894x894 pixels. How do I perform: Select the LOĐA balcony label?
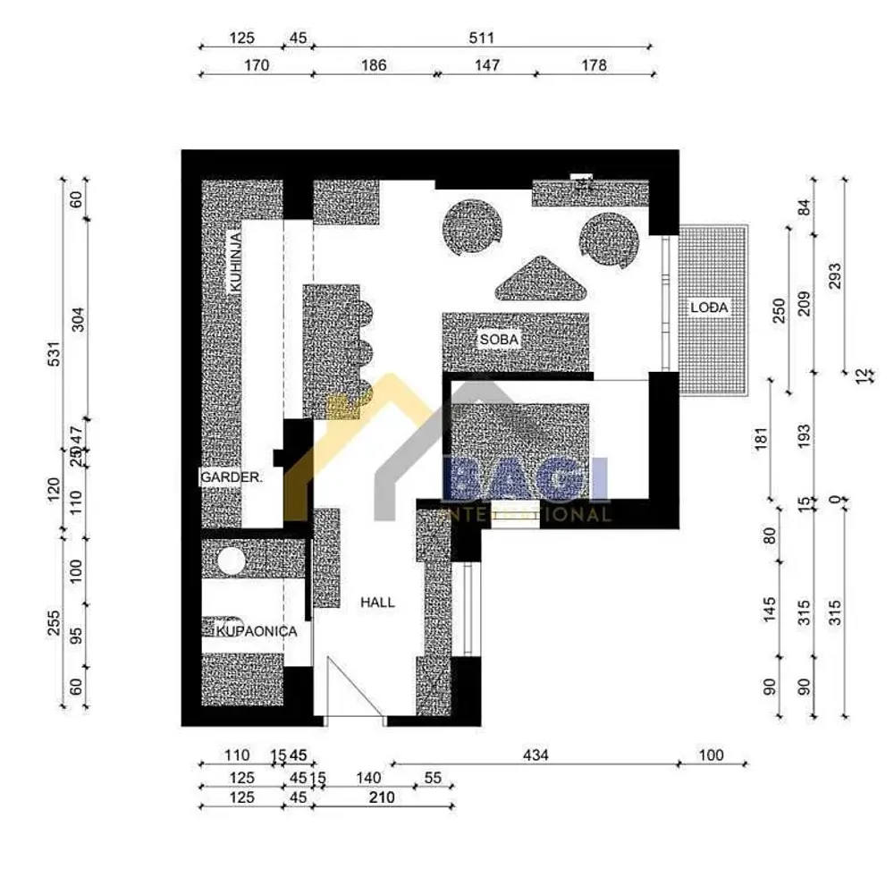710,308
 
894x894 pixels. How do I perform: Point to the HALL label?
377,603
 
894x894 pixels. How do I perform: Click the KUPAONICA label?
257,631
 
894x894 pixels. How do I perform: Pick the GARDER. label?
232,478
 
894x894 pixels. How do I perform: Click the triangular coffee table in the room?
542,280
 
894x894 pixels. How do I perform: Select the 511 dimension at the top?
480,38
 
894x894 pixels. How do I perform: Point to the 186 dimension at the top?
374,65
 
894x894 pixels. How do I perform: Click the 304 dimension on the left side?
77,319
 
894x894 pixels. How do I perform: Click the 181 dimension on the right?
761,439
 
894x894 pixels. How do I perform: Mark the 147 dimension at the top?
486,65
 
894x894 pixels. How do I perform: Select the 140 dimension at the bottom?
368,778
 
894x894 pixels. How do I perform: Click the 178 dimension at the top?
593,65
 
